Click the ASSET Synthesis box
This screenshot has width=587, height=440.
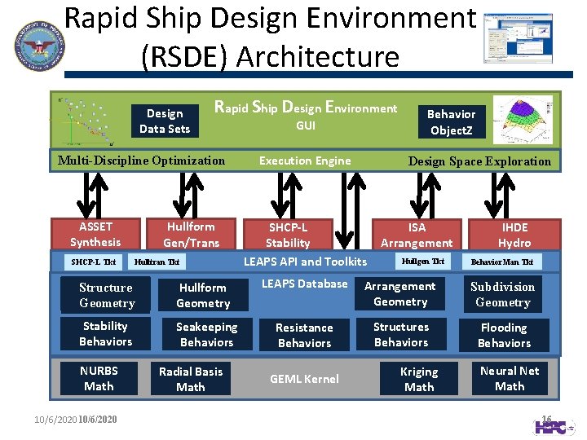95,234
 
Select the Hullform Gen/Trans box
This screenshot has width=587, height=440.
190,234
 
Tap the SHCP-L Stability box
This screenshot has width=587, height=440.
288,235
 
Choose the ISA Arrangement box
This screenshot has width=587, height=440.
417,235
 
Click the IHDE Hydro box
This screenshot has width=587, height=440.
514,235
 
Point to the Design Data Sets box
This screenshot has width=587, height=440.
165,121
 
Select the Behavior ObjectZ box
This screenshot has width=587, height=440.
451,122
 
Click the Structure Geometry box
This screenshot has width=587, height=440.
106,295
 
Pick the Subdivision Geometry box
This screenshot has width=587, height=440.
503,294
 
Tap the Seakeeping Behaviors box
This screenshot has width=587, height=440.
206,334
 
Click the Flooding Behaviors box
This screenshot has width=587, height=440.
504,335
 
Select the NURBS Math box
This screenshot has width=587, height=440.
99,378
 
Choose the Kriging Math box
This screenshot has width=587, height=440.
419,379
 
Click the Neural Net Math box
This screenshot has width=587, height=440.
510,378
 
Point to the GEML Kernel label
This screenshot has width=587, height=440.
304,379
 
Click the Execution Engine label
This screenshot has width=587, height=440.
305,161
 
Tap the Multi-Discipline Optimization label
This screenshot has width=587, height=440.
141,160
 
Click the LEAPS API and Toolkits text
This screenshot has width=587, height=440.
305,262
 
